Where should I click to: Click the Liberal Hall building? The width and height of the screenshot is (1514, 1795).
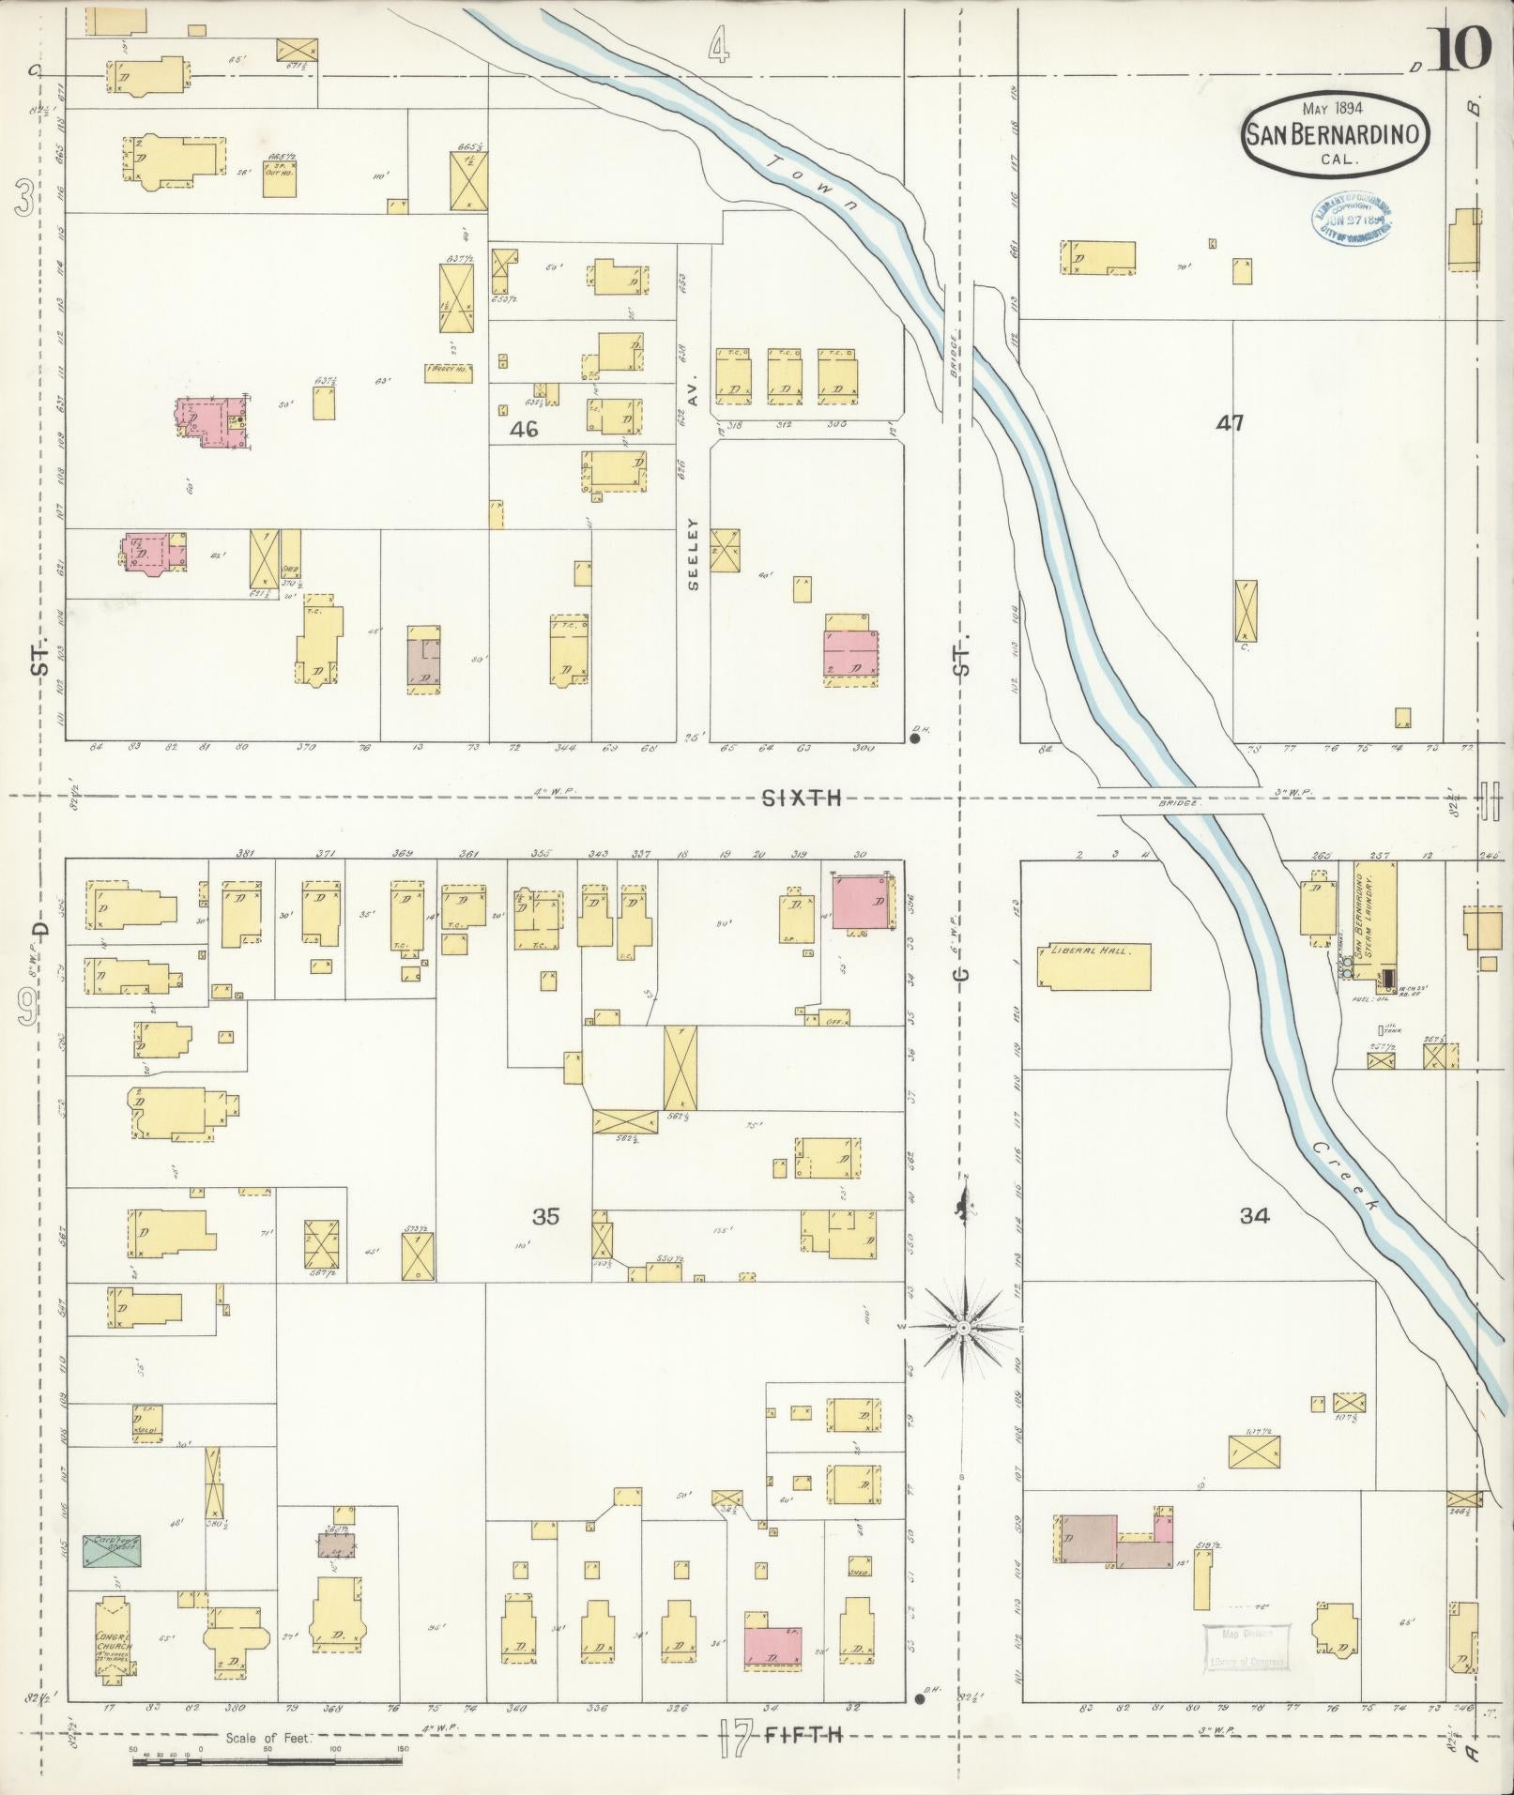click(1093, 966)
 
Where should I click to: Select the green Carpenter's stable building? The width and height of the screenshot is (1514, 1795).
click(112, 1549)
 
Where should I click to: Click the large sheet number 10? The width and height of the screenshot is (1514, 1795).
click(1460, 49)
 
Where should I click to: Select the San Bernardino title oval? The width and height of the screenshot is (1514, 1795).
click(1337, 134)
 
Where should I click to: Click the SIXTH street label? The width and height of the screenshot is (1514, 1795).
click(801, 799)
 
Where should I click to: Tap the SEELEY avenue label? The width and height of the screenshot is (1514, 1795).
click(694, 554)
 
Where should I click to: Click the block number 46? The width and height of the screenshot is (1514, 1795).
click(525, 430)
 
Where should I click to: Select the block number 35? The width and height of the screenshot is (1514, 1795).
click(545, 1216)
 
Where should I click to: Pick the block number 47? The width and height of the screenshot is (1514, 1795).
click(1230, 423)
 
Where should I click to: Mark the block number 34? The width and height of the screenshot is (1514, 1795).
click(1255, 1216)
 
